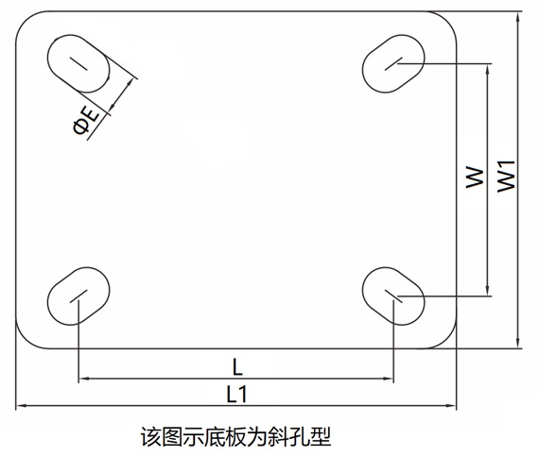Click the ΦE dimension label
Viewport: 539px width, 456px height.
click(x=86, y=121)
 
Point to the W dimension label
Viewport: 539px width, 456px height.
click(x=475, y=177)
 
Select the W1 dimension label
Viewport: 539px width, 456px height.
click(x=507, y=177)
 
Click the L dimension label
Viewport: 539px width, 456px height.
click(x=237, y=367)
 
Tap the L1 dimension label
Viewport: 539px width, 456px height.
click(x=236, y=394)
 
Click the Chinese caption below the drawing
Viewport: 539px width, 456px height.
click(x=235, y=436)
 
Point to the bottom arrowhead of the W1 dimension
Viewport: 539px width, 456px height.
click(x=518, y=344)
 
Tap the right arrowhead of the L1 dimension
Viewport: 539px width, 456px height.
click(x=451, y=406)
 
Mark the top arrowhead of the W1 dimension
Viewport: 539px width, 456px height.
click(x=518, y=16)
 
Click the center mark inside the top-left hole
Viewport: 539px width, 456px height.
click(x=78, y=64)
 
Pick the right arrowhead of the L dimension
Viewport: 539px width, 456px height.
click(x=389, y=379)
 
